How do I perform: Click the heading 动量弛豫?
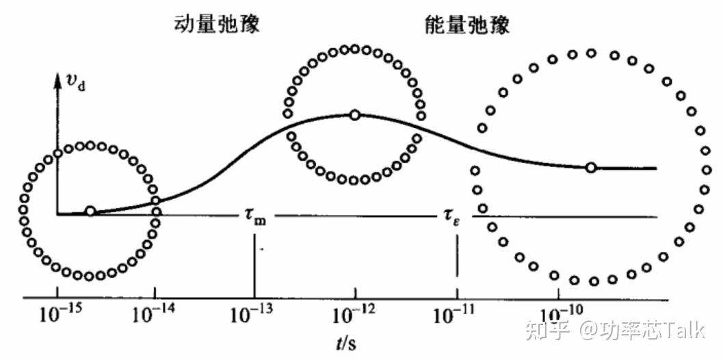tap(218, 25)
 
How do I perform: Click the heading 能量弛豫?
tap(467, 25)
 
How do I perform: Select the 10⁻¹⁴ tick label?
tap(154, 316)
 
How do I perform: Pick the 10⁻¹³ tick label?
tap(253, 316)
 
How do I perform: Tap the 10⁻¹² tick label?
tap(354, 316)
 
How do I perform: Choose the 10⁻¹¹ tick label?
tap(455, 316)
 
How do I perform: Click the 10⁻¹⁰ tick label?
tap(559, 316)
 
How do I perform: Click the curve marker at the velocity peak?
tap(354, 115)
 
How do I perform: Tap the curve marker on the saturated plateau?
tap(591, 168)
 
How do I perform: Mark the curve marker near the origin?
tap(90, 211)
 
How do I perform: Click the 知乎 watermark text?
tap(547, 331)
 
